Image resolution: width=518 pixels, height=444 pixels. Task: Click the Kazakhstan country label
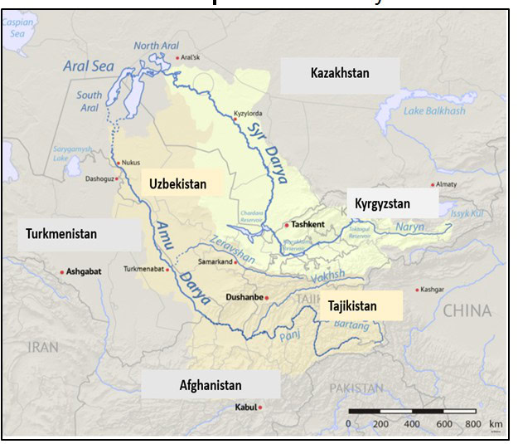click(340, 74)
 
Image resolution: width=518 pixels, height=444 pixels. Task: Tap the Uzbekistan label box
click(177, 183)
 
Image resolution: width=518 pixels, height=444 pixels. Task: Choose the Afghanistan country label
click(211, 385)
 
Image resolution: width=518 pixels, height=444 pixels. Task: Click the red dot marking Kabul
click(260, 407)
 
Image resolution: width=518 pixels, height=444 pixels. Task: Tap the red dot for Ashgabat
click(61, 271)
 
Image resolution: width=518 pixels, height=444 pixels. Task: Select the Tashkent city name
click(307, 225)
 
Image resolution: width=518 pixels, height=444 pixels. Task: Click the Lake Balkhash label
click(434, 111)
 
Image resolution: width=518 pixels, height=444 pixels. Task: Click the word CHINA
click(466, 311)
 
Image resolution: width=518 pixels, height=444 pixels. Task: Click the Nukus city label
click(131, 163)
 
